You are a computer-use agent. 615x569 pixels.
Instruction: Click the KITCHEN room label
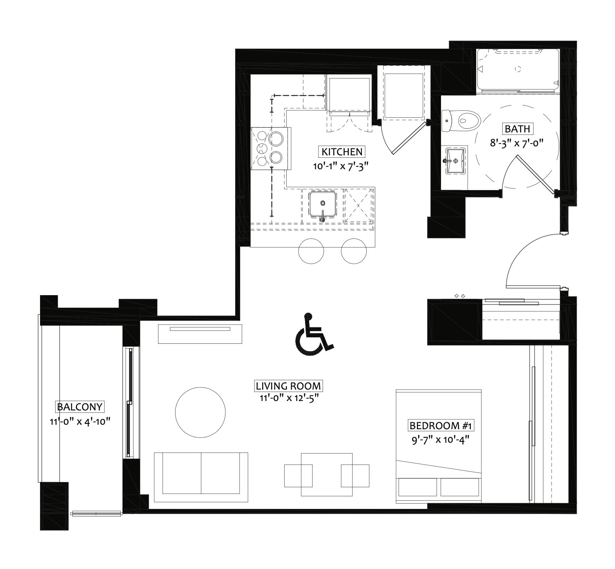342,152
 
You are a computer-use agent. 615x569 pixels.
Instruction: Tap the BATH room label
517,129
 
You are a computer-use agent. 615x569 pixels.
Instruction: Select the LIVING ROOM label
288,386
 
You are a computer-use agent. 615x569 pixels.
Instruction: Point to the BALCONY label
80,407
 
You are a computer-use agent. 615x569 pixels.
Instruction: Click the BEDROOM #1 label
440,426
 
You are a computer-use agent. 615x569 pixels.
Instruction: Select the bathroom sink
455,161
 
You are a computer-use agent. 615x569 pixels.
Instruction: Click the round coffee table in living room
201,412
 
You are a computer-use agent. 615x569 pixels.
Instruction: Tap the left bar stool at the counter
311,251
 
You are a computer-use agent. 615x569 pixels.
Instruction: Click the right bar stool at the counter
354,251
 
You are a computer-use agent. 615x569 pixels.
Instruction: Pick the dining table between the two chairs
327,475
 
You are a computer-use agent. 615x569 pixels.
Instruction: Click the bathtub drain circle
518,69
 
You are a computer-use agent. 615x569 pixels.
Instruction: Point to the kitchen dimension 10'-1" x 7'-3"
340,166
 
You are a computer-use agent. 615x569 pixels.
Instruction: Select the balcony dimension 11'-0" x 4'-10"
80,422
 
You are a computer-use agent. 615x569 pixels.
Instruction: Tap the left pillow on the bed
417,487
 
